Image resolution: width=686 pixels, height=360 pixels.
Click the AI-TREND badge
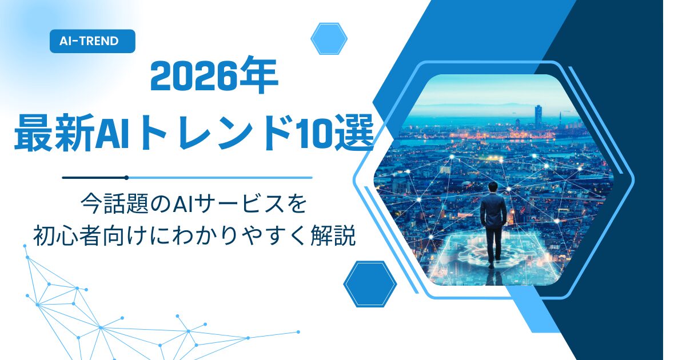[x=92, y=41]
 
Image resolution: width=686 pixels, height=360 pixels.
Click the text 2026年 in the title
[x=214, y=75]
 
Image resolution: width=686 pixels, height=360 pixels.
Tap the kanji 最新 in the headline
[x=54, y=133]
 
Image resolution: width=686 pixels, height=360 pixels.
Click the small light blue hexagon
[x=329, y=39]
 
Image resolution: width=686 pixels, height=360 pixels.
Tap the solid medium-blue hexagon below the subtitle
[x=370, y=284]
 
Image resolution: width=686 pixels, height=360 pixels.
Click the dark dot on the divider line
[x=126, y=178]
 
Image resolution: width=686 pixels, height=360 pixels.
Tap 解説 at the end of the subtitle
[x=333, y=235]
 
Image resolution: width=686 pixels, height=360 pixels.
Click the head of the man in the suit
[x=493, y=187]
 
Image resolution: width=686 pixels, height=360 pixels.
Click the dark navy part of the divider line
[x=94, y=178]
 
